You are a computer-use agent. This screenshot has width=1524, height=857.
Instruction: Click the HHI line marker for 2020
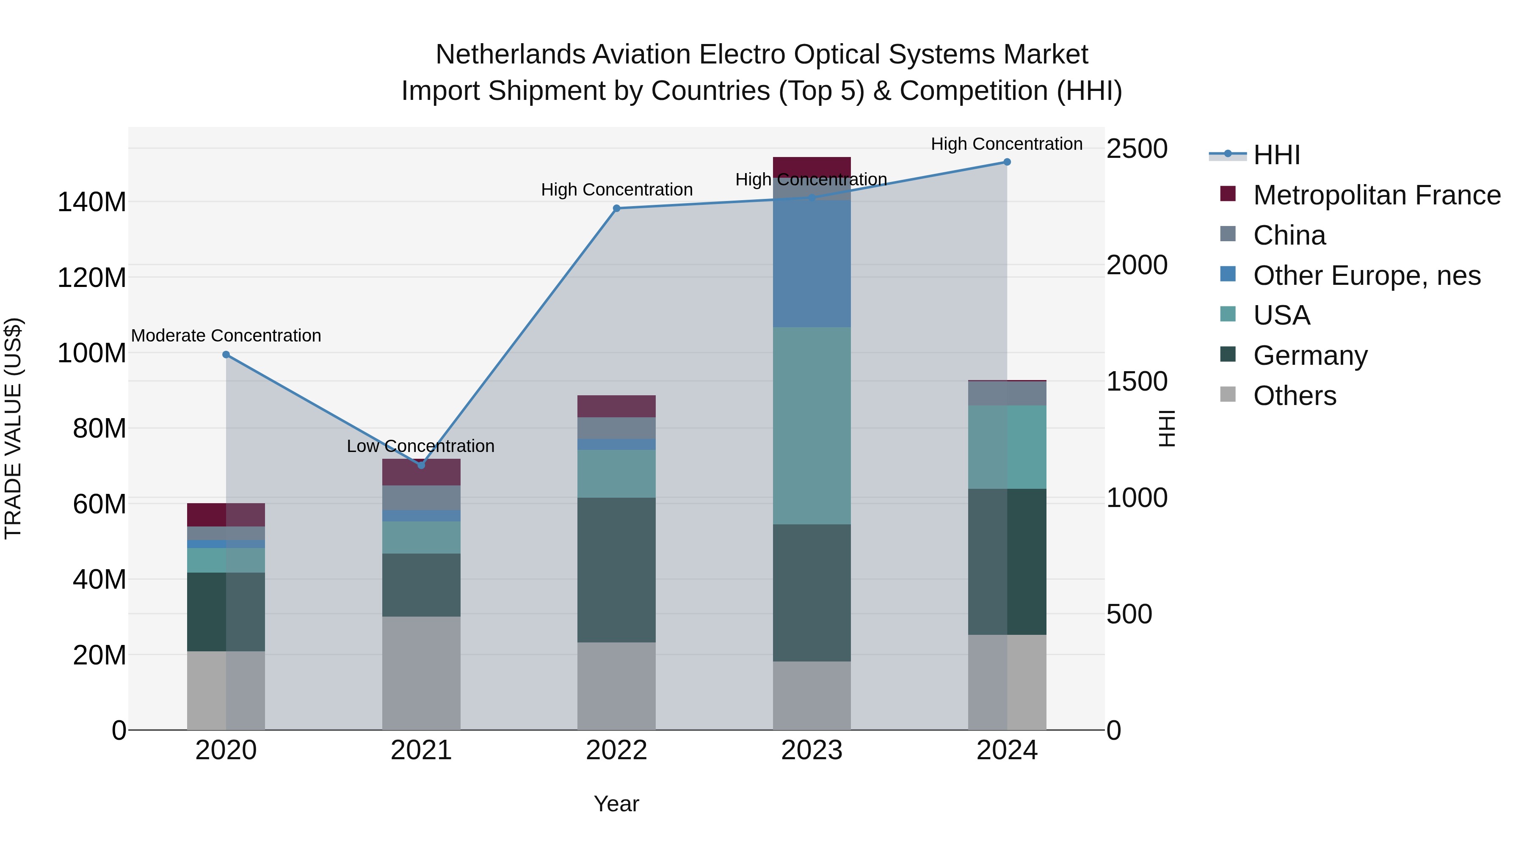coord(226,355)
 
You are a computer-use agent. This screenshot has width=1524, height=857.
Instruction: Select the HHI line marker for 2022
coord(616,208)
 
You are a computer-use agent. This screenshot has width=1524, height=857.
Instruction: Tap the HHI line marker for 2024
coord(1007,162)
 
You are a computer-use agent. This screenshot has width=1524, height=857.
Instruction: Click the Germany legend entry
coord(1310,355)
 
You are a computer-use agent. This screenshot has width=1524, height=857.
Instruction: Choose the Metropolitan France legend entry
coord(1377,195)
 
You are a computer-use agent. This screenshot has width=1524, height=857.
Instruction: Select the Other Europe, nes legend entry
coord(1367,276)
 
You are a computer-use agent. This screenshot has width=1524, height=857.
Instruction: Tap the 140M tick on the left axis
coord(92,202)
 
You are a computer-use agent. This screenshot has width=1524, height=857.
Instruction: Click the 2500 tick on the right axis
coord(1137,149)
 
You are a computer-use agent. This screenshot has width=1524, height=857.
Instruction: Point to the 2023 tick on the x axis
coord(812,750)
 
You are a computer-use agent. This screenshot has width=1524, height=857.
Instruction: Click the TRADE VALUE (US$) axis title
coord(13,428)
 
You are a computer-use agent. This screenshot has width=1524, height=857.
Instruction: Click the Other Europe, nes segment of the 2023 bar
coord(812,263)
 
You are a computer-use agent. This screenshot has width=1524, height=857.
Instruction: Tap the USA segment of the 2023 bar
coord(812,426)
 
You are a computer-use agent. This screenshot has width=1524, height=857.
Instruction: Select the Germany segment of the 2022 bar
coord(616,570)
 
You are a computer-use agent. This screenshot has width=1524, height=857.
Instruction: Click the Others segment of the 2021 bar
coord(421,673)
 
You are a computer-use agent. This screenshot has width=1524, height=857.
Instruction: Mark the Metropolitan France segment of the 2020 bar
coord(226,515)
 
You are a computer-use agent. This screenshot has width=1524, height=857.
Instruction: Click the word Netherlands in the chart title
coord(511,55)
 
